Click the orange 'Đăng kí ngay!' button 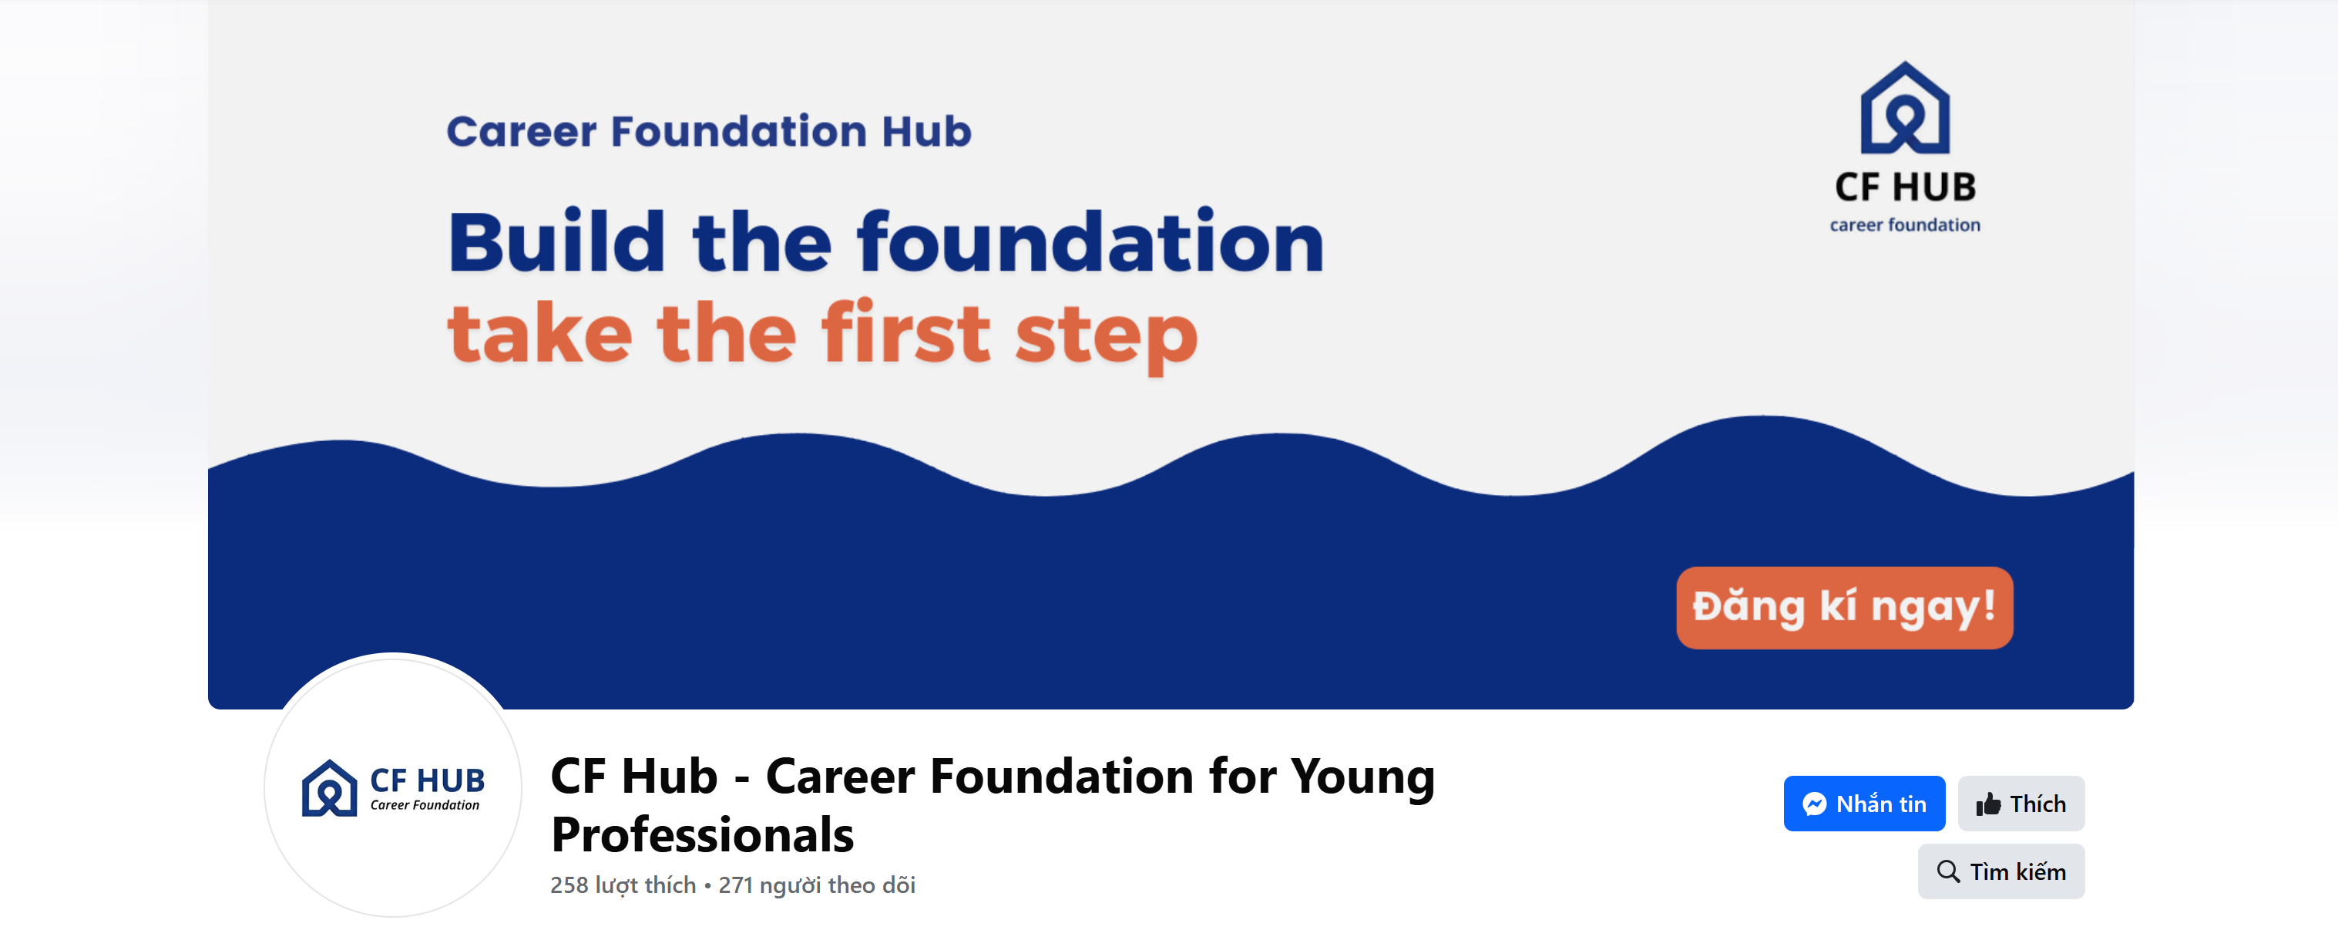(1844, 608)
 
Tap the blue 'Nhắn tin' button (1864, 804)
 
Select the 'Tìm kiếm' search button (2001, 871)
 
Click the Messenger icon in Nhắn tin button (1814, 804)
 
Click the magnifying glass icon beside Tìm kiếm (1948, 871)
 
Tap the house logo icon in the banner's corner (1905, 107)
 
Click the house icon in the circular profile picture (328, 788)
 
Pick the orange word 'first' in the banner (905, 332)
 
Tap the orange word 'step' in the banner (1107, 338)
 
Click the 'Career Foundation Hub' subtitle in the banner (709, 132)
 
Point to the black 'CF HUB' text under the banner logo (1905, 187)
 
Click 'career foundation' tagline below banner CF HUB (1905, 224)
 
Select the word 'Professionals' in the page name (703, 835)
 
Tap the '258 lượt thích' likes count (623, 885)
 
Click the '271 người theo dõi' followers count (817, 885)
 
